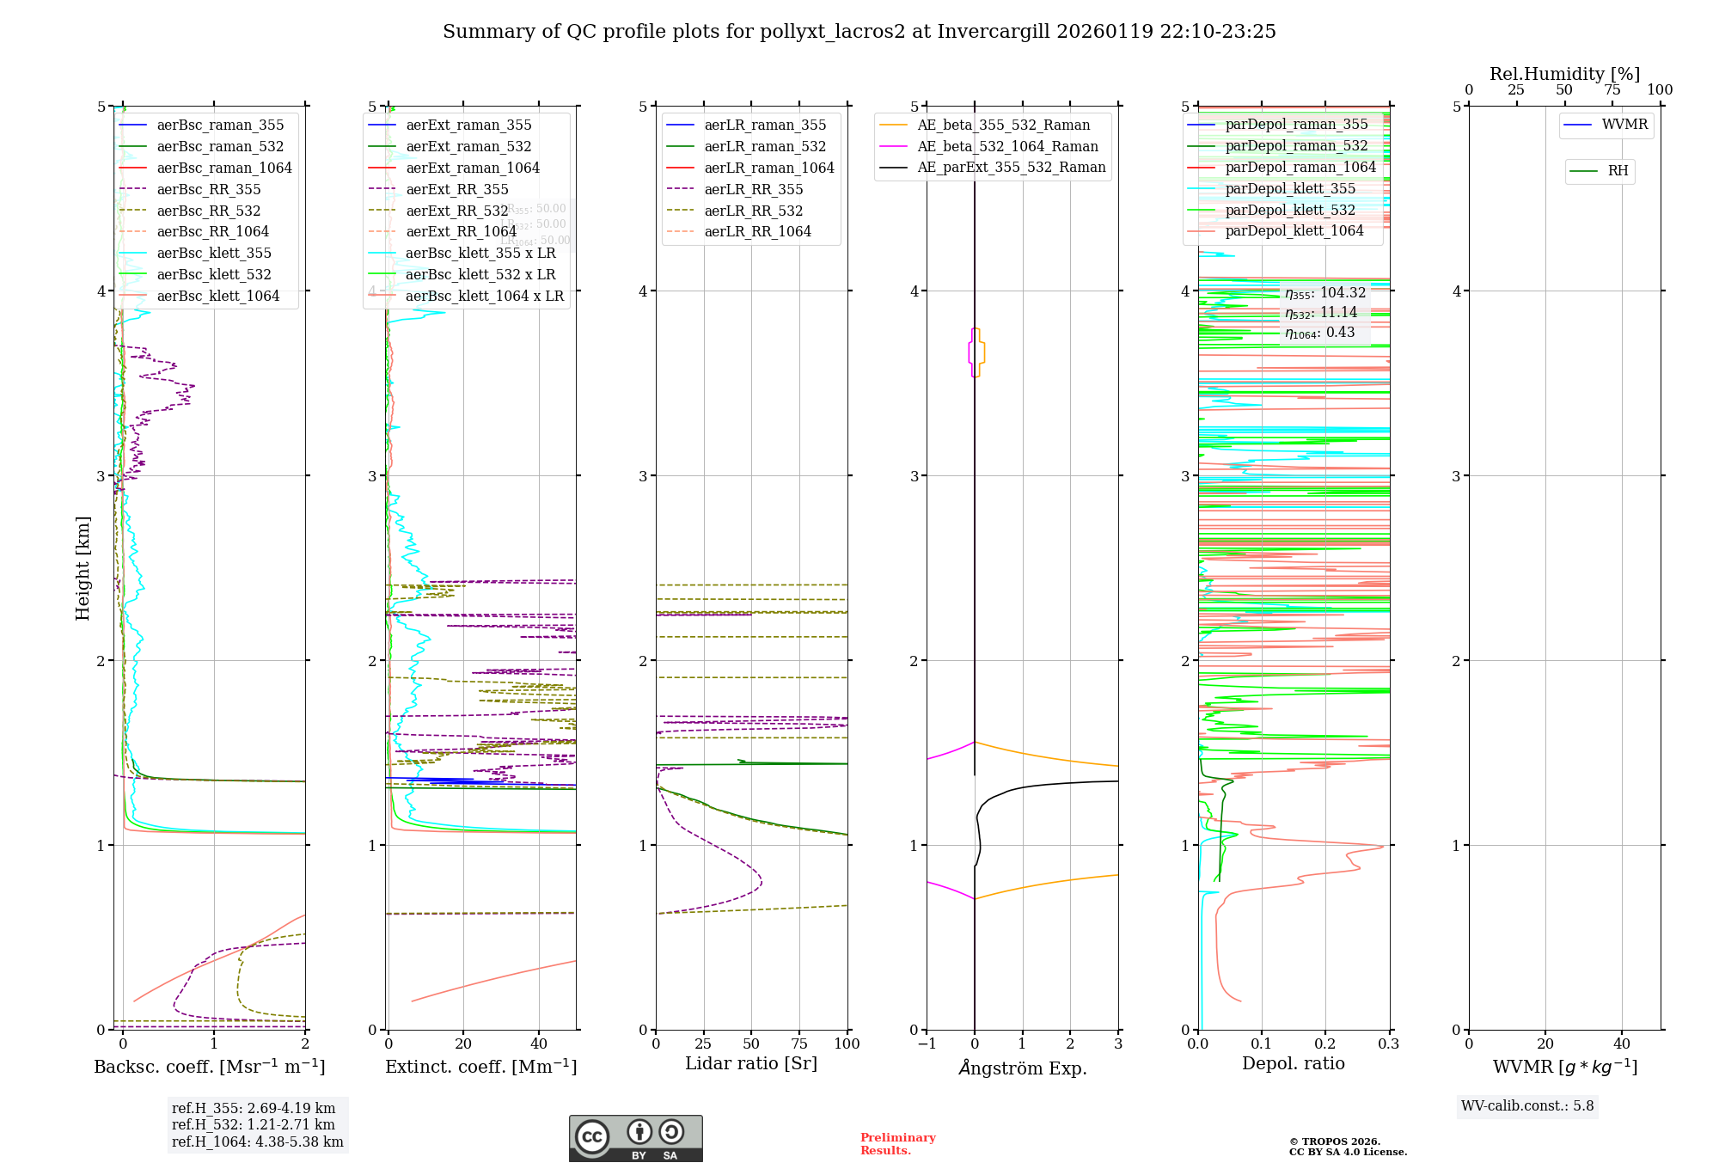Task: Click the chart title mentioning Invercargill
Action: [859, 32]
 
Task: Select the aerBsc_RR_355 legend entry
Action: [208, 189]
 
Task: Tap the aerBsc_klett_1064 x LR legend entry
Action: [484, 296]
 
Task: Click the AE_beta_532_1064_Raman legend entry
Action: [1007, 146]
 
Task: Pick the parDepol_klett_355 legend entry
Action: [1289, 188]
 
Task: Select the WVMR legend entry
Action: [1624, 125]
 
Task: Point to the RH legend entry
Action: [1618, 171]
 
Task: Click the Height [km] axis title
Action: [83, 567]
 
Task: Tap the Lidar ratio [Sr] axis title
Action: [750, 1063]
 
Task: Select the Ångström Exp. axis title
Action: [1022, 1068]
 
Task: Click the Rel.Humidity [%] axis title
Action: [1564, 74]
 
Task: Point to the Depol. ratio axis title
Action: [1293, 1063]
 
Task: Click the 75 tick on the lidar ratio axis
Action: [799, 1044]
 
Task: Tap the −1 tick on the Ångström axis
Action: [927, 1044]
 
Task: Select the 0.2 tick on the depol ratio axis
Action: [1324, 1044]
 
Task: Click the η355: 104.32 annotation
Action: [1324, 293]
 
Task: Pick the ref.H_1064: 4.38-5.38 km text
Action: [257, 1141]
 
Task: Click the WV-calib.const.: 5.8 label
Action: [1526, 1105]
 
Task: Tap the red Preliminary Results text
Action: [897, 1143]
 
